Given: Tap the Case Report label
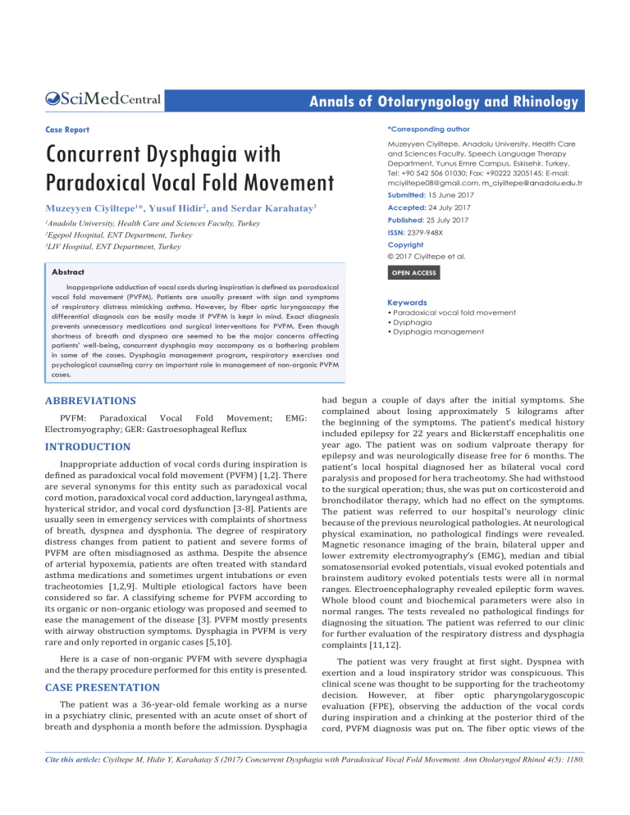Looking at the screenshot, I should [66, 130].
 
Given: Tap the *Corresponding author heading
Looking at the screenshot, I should [420, 130].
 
